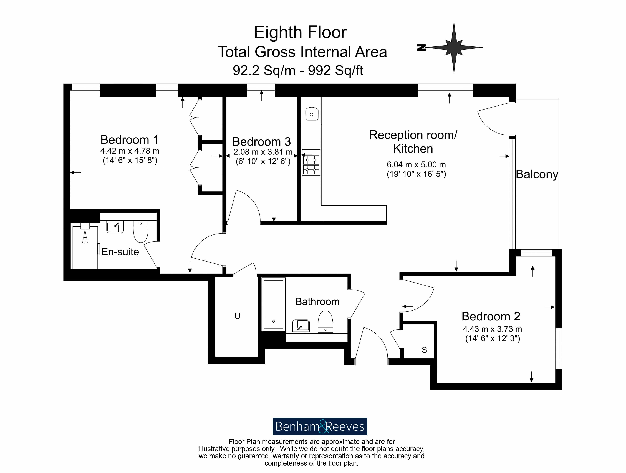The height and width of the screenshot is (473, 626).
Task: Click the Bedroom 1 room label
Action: point(130,139)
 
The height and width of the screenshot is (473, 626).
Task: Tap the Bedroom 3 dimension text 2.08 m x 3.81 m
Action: point(263,152)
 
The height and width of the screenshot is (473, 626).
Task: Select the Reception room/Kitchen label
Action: point(413,142)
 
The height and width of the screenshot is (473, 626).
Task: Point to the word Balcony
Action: point(537,174)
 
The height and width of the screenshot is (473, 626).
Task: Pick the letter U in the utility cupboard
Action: point(238,316)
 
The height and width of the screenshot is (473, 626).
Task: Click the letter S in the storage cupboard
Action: point(424,350)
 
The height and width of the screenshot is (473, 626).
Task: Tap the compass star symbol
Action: point(454,47)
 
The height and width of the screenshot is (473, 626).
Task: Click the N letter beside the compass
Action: point(421,47)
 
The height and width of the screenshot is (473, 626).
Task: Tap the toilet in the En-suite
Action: point(141,232)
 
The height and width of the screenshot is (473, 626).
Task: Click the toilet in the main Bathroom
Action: point(325,322)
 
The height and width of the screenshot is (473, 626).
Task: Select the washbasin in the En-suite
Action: point(115,227)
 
